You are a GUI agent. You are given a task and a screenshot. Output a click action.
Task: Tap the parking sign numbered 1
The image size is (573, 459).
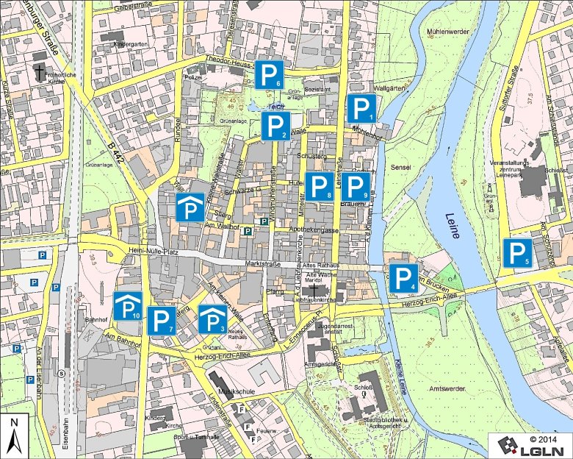point(361,108)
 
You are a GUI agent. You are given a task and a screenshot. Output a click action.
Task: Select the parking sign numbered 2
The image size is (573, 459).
point(275,127)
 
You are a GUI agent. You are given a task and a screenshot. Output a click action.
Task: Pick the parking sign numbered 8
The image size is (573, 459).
point(320,186)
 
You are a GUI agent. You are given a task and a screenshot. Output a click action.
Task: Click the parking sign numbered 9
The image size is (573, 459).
point(357,186)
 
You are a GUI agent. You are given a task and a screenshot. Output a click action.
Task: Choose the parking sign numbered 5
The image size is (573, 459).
point(518,253)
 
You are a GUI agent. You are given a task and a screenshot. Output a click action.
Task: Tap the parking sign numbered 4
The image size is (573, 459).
point(403,277)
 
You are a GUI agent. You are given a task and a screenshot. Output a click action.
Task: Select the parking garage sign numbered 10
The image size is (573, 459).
point(128,306)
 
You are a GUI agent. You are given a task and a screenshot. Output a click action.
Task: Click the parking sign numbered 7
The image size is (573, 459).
point(162,321)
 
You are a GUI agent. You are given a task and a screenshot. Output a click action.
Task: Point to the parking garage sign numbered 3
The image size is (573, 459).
point(213,319)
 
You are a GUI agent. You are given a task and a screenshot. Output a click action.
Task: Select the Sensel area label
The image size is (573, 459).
point(400,168)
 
